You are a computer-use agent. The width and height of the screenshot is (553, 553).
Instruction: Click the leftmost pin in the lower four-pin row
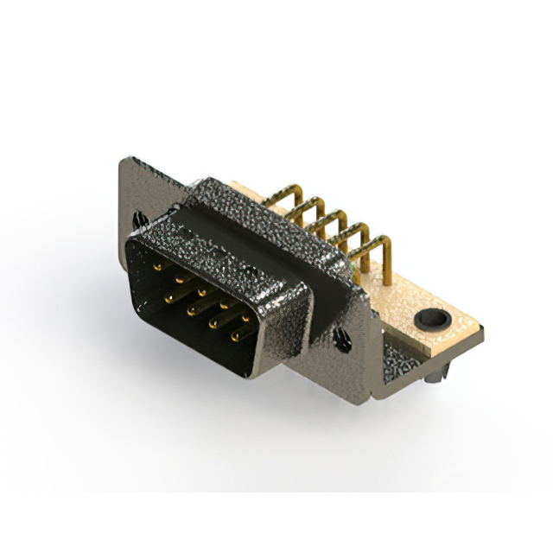[168, 295]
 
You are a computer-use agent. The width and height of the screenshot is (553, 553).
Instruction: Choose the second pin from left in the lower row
[189, 308]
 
